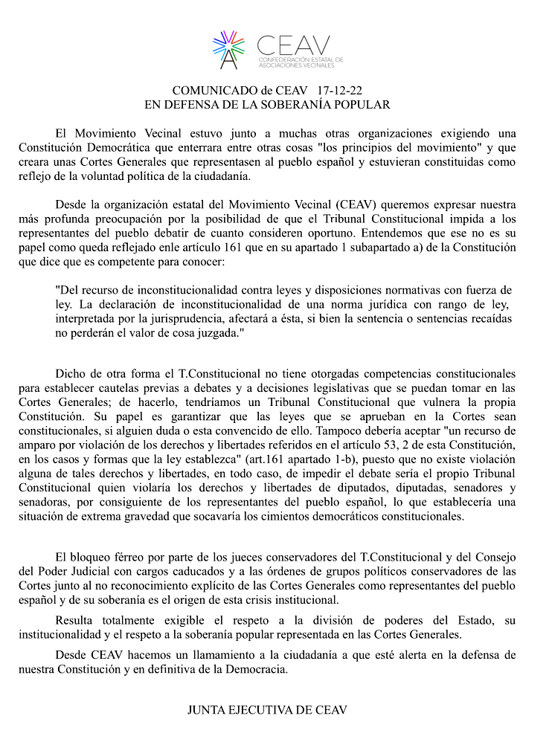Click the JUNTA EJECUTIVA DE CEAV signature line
(267, 710)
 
